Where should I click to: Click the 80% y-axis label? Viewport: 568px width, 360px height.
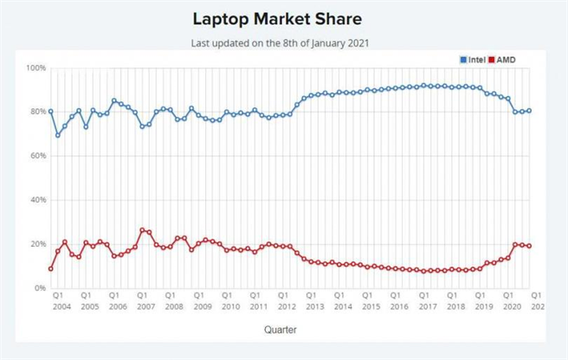36,112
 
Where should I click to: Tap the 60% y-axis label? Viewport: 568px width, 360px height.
36,156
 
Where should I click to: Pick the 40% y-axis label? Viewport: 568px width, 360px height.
36,200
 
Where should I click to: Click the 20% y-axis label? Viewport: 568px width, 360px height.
36,244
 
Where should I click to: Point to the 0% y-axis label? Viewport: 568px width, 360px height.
39,288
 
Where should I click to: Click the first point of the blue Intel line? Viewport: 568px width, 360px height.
51,112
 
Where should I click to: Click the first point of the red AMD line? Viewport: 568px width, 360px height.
51,268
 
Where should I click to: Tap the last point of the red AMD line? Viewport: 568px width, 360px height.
529,246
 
